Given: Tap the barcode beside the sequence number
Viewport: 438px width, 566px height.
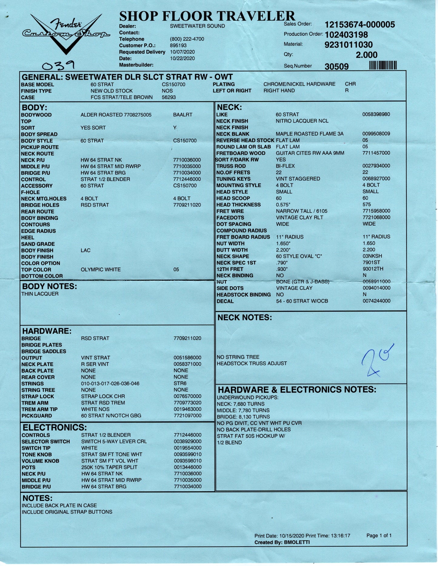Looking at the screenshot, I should (383, 65).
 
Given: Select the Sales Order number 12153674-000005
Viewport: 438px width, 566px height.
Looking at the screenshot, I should (359, 25).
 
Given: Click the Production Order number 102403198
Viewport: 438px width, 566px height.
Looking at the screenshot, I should (346, 35).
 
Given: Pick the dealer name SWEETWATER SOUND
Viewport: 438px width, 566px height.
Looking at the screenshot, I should (197, 26).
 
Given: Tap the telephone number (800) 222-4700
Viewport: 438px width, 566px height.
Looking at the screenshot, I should (187, 39).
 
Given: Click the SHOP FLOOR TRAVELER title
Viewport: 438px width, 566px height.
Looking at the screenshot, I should (207, 16).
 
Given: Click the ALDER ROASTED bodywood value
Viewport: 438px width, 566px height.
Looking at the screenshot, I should (116, 115).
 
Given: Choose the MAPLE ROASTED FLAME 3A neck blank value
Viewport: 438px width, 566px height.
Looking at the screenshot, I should (309, 134).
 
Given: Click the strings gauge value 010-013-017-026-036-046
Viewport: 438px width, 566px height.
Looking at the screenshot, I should (110, 383).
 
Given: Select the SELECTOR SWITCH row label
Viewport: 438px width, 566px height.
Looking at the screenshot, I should (45, 442).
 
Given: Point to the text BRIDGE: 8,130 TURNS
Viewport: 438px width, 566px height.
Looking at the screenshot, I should (243, 417).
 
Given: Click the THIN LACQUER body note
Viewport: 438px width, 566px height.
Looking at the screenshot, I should (40, 294).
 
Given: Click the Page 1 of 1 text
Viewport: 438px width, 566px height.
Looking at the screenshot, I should (379, 535).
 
